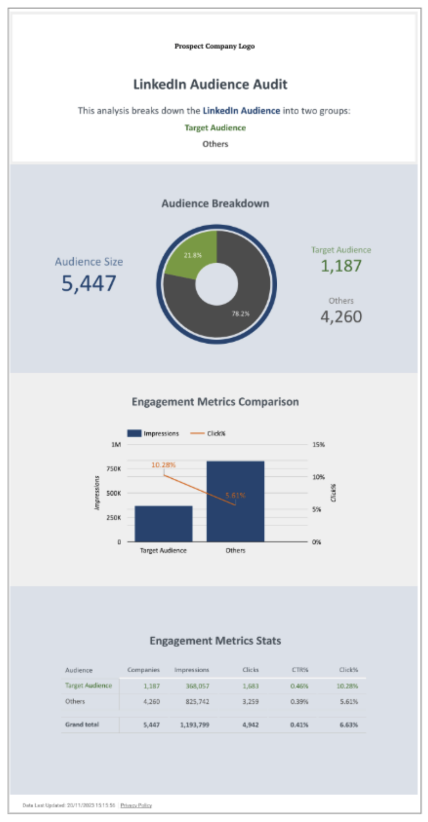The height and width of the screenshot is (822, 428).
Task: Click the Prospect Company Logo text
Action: coord(214,46)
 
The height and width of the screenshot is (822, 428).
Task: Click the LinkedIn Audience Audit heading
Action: coord(210,84)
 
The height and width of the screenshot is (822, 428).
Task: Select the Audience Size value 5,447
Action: coord(89,283)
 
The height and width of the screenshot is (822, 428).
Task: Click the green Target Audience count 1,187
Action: coord(341,266)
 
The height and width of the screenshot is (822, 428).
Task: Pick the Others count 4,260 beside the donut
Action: coord(341,317)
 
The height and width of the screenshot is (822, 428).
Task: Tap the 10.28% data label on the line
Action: coord(163,465)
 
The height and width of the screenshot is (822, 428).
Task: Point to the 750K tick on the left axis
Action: coord(113,469)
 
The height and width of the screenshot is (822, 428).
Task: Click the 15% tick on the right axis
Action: coord(318,445)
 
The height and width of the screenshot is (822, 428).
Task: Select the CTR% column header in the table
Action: coord(300,670)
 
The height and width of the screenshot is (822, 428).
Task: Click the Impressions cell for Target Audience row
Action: coord(197,686)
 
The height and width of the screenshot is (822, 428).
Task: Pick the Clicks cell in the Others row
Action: coord(250,702)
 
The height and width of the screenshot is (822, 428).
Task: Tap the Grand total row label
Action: coord(82,724)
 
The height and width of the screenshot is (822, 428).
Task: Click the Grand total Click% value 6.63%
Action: coord(349,725)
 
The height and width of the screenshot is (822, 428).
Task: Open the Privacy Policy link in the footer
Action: coord(136,805)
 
